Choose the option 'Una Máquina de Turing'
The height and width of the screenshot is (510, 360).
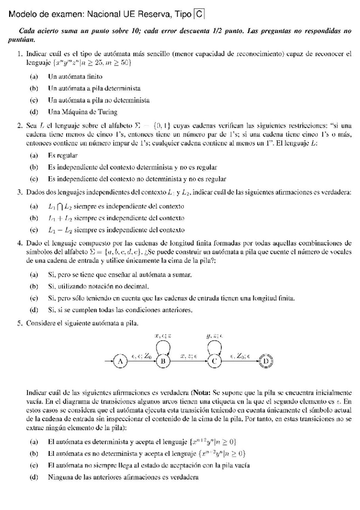click(82, 111)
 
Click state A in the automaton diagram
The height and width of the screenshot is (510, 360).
click(120, 361)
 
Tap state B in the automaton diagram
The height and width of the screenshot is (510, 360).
click(162, 361)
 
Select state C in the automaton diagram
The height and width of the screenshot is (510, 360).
click(213, 361)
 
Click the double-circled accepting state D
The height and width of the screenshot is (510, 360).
click(265, 361)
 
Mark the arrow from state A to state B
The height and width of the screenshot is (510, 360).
click(141, 361)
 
